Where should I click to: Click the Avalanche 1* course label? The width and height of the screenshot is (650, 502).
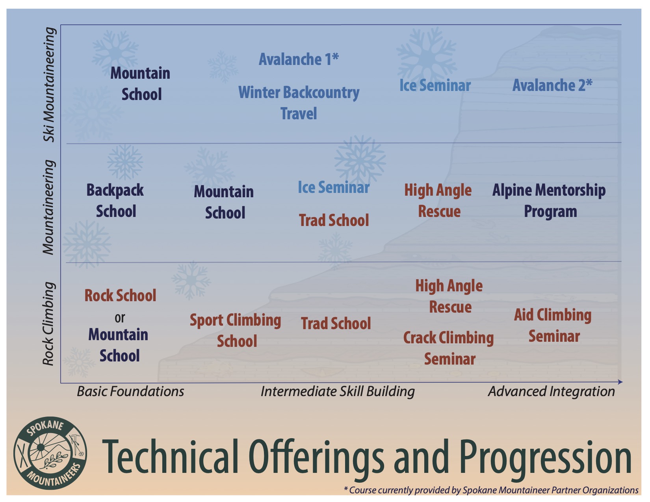click(x=299, y=59)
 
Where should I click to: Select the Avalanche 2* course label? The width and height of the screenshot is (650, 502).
click(x=552, y=85)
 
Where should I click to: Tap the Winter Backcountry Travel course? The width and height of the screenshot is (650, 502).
click(x=299, y=102)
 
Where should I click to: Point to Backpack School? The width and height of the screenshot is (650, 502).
click(x=115, y=200)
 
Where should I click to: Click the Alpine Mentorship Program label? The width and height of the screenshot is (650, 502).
click(x=549, y=201)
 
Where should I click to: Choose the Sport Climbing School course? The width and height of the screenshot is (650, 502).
click(x=236, y=330)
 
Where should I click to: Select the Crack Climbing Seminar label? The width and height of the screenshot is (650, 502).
click(x=448, y=348)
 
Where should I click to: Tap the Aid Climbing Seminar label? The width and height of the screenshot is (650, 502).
click(x=553, y=325)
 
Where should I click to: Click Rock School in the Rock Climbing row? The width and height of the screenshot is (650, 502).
click(x=120, y=295)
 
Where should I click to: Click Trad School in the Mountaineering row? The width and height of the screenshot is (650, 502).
click(x=334, y=220)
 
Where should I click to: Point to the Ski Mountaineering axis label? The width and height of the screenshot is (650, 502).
click(x=49, y=84)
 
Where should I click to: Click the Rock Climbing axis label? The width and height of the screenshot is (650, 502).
click(x=48, y=324)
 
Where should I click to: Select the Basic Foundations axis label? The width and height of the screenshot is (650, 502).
click(x=130, y=391)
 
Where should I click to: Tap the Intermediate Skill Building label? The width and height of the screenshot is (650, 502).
click(x=338, y=392)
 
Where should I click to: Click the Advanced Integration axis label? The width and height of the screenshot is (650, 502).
click(x=551, y=391)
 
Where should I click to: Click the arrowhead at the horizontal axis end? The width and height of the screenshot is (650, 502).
click(x=620, y=382)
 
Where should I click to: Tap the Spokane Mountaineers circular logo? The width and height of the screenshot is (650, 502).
click(x=50, y=453)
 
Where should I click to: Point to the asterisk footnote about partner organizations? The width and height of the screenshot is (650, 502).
click(x=491, y=490)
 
